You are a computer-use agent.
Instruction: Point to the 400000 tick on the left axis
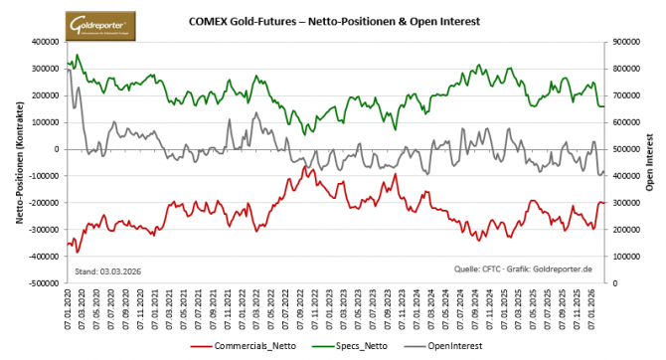click(x=44, y=43)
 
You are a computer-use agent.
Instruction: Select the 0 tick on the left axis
click(x=57, y=149)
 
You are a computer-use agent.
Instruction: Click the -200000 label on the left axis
click(x=42, y=203)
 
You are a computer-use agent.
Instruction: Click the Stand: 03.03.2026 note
click(x=106, y=270)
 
